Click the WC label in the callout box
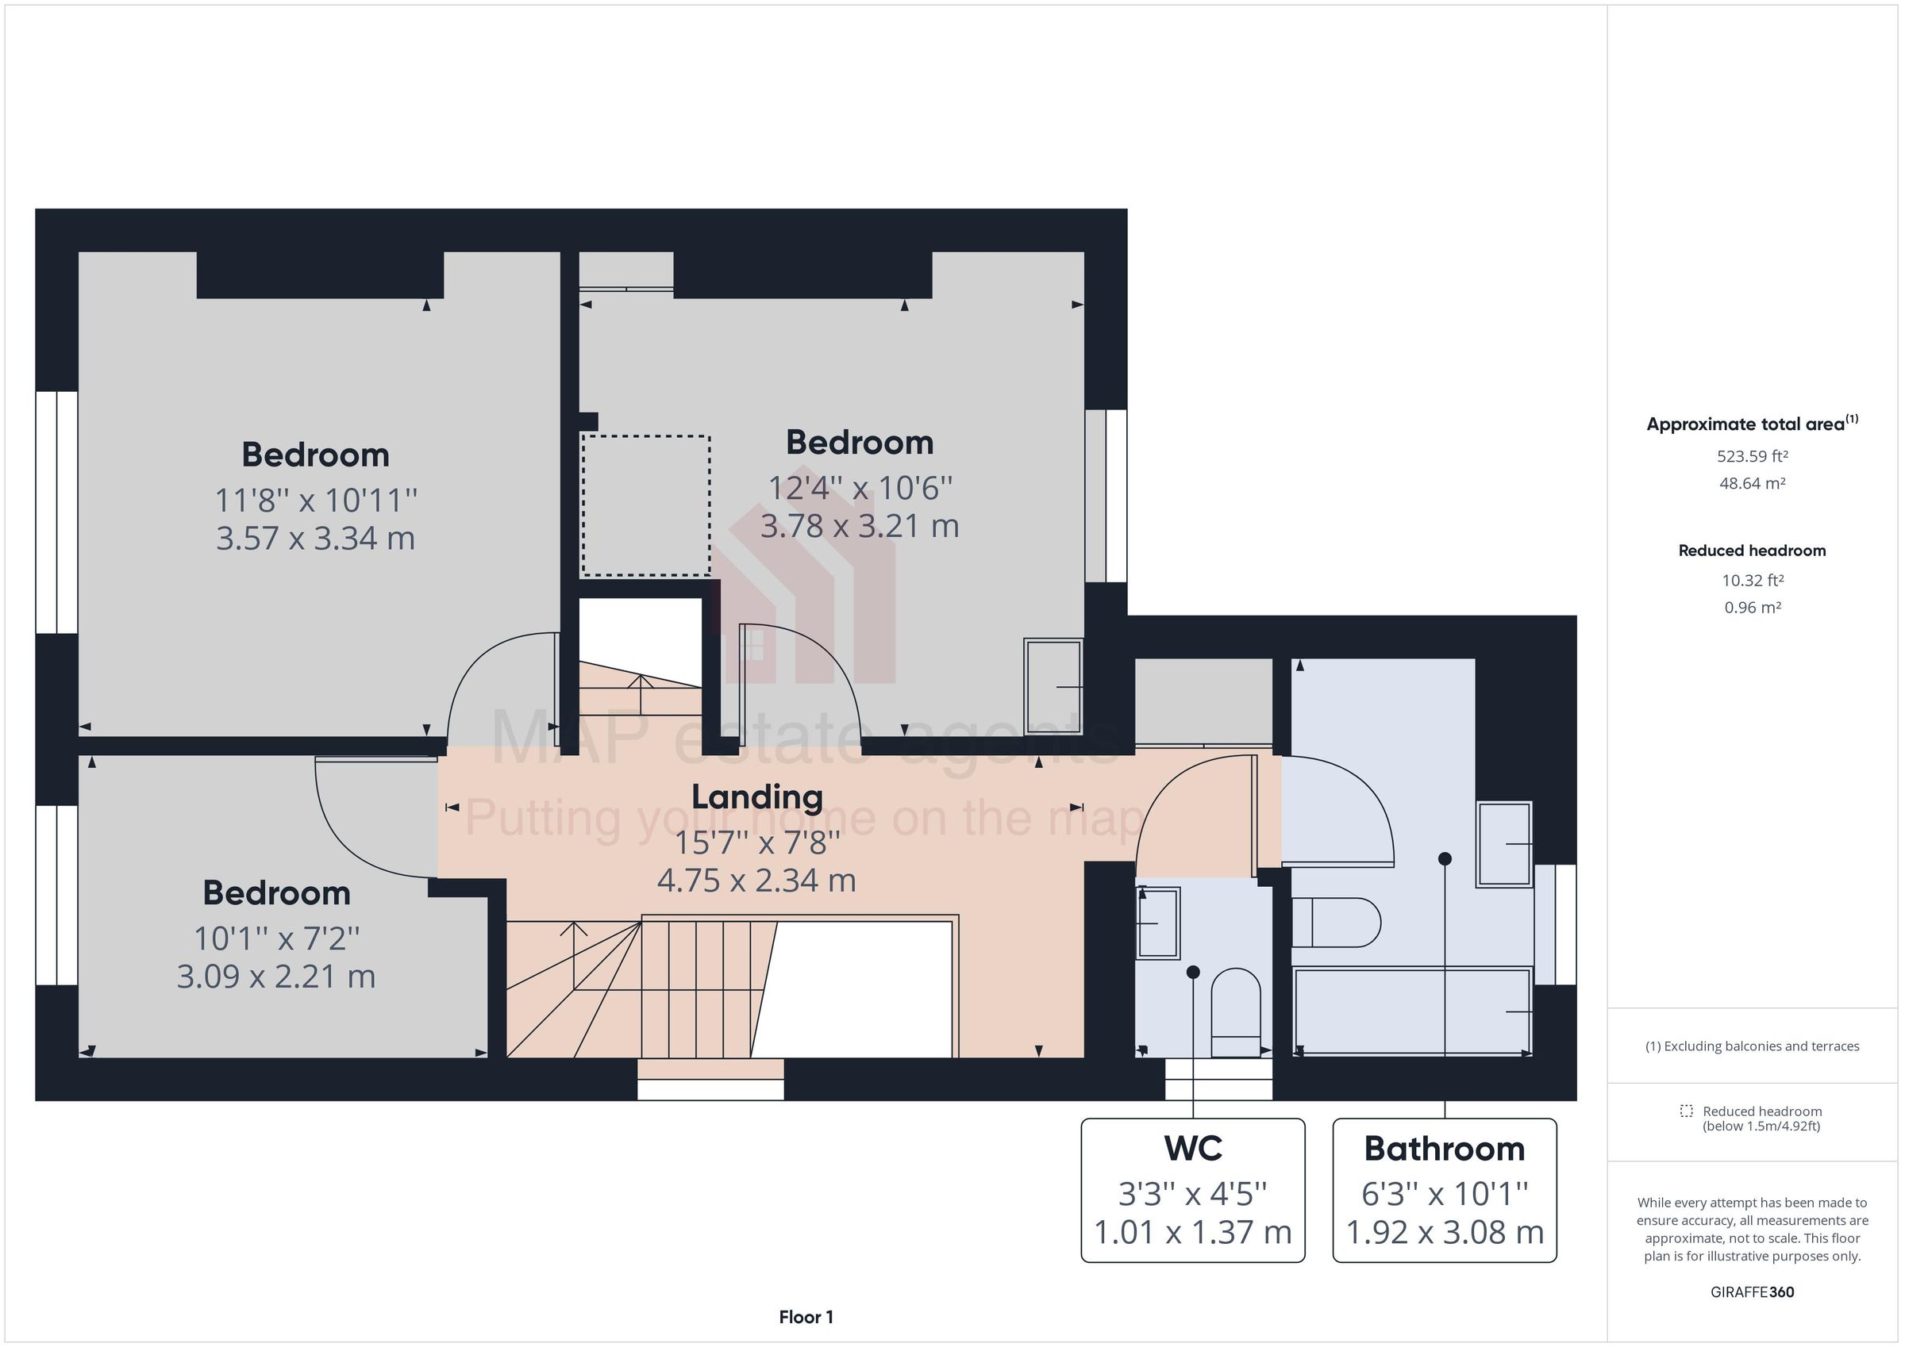pos(1192,1149)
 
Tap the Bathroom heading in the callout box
pos(1444,1149)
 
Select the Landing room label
pos(756,797)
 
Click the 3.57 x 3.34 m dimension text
pos(315,539)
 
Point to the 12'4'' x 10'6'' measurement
pos(860,488)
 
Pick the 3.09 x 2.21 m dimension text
pos(275,977)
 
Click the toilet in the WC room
pos(1235,1014)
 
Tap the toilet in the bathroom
pos(1335,923)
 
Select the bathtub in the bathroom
pos(1411,1011)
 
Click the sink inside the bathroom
pos(1503,844)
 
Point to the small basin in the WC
pos(1157,923)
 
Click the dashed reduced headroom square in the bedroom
pos(645,505)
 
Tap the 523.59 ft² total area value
pos(1752,456)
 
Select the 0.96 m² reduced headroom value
pos(1752,607)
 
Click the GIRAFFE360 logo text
pos(1752,1291)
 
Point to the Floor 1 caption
pos(806,1316)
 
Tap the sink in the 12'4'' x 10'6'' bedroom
pos(1053,686)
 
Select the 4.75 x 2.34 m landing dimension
pos(756,880)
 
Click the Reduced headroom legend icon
pos(1686,1111)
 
